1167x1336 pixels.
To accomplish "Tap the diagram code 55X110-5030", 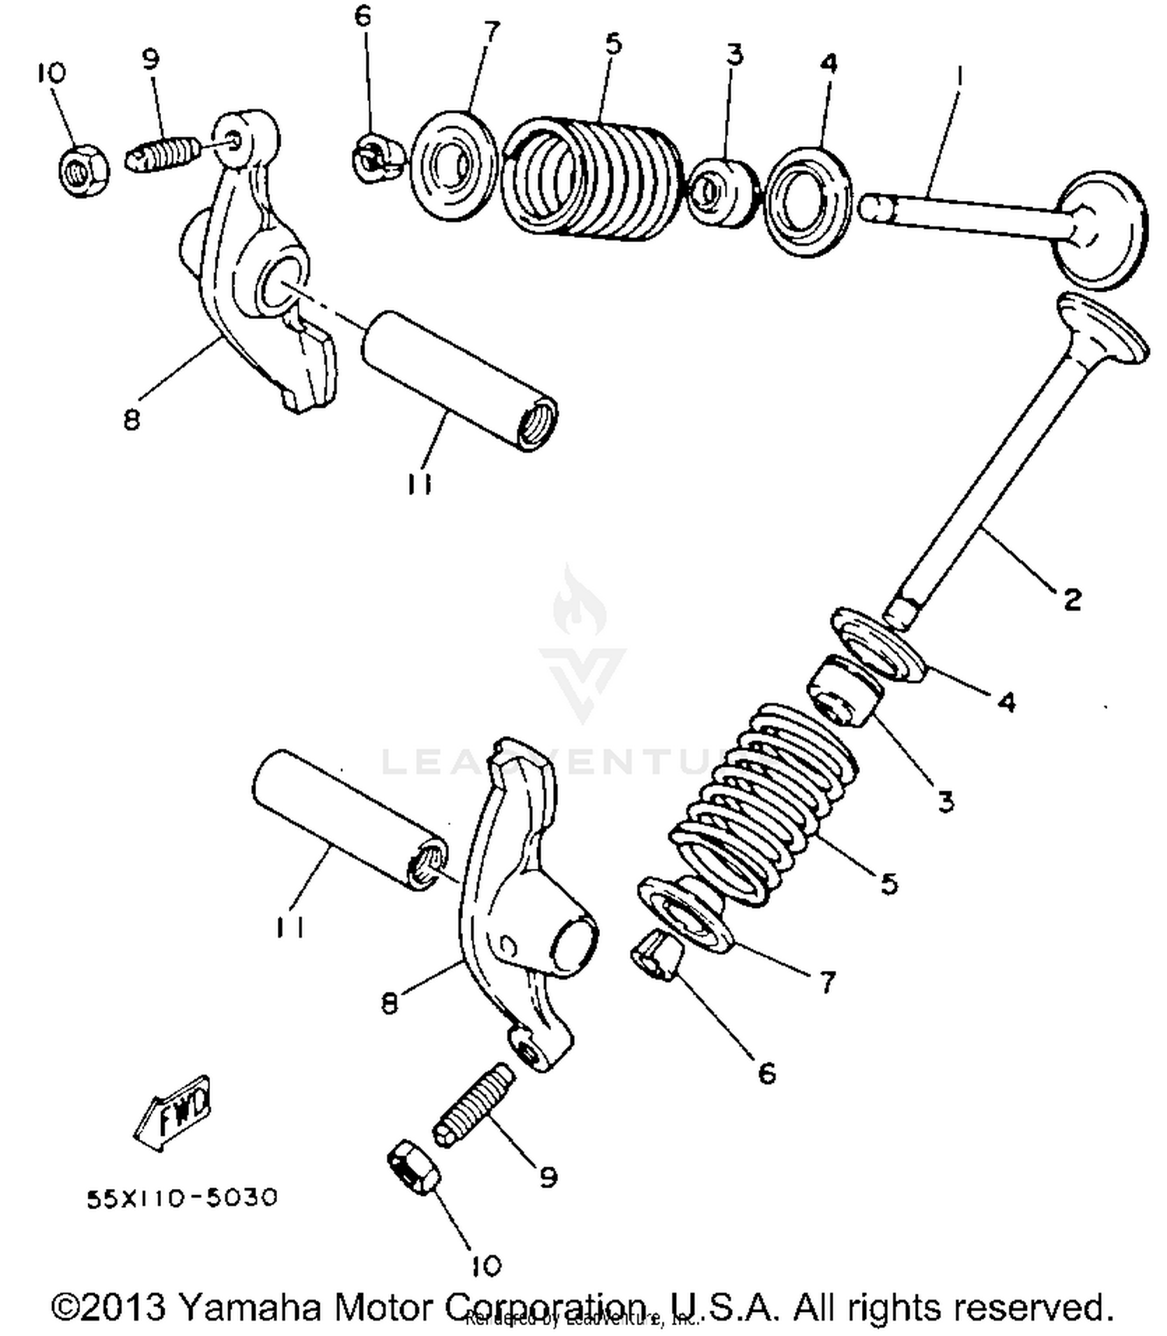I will tap(181, 1197).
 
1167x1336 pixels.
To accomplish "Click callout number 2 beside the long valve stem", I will tap(1071, 599).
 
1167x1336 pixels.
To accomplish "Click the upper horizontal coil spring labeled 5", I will tap(591, 179).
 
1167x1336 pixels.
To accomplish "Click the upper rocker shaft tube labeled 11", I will tap(459, 380).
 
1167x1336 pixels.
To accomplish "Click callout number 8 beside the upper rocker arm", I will tap(131, 419).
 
